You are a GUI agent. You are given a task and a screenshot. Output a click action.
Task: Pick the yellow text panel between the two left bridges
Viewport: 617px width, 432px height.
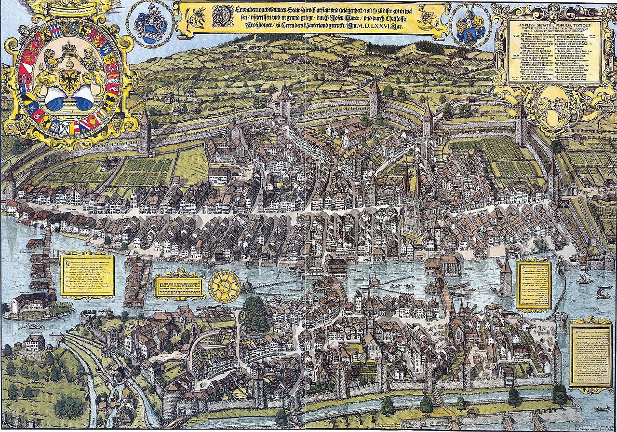click(87, 275)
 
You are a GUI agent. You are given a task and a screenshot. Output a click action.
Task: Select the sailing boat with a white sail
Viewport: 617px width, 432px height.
click(585, 278)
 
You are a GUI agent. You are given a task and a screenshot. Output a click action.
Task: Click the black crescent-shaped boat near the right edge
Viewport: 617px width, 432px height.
click(602, 292)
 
